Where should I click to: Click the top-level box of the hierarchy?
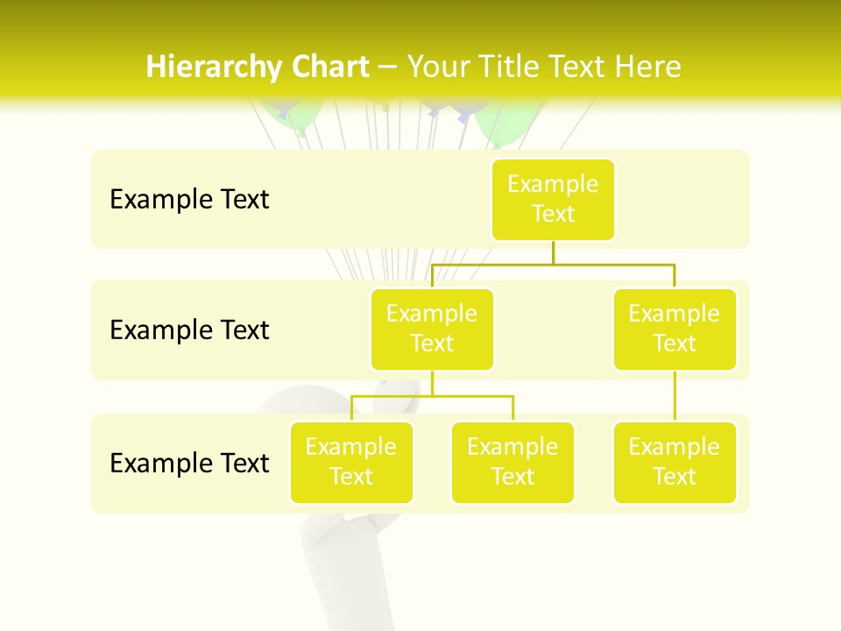coord(553,199)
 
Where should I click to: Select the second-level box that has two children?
coord(432,329)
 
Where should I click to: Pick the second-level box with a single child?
coord(675,329)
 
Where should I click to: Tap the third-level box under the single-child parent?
coord(675,462)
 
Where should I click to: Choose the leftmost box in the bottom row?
coord(351,462)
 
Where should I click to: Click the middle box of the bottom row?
coord(512,462)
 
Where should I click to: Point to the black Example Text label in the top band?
coord(189,199)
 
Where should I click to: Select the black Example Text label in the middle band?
coord(189,330)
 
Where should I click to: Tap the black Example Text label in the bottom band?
coord(189,463)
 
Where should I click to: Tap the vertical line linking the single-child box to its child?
coord(675,396)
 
